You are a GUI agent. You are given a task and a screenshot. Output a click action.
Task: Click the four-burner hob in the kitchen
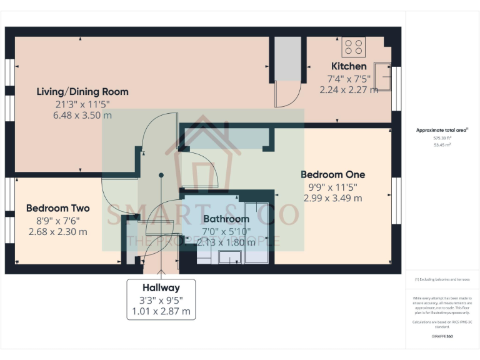click(x=354, y=47)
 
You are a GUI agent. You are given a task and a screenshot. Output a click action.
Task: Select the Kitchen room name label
click(x=349, y=66)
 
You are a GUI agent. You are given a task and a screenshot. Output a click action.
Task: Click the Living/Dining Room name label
click(x=82, y=92)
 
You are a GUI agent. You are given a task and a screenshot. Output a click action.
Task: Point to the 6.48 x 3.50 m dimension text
click(x=82, y=115)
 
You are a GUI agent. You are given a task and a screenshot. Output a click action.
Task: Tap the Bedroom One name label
click(x=332, y=174)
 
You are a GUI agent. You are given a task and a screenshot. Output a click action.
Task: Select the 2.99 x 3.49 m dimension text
click(x=332, y=198)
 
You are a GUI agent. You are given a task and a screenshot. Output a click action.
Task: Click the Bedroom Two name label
click(x=58, y=208)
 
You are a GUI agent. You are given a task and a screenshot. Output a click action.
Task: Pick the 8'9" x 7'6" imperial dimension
click(x=58, y=220)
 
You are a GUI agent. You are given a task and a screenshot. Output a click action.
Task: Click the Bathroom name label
click(x=226, y=219)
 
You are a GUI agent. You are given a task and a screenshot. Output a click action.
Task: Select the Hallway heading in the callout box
click(x=161, y=288)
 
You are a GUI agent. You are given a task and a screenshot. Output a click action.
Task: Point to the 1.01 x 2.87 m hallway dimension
click(x=161, y=311)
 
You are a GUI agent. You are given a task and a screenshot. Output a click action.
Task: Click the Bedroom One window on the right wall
click(x=396, y=195)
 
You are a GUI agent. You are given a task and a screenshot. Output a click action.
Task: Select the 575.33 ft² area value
click(x=442, y=137)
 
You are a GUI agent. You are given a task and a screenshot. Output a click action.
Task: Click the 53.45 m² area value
click(x=442, y=144)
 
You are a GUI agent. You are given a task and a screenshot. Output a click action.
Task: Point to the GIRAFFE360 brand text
click(x=442, y=336)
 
